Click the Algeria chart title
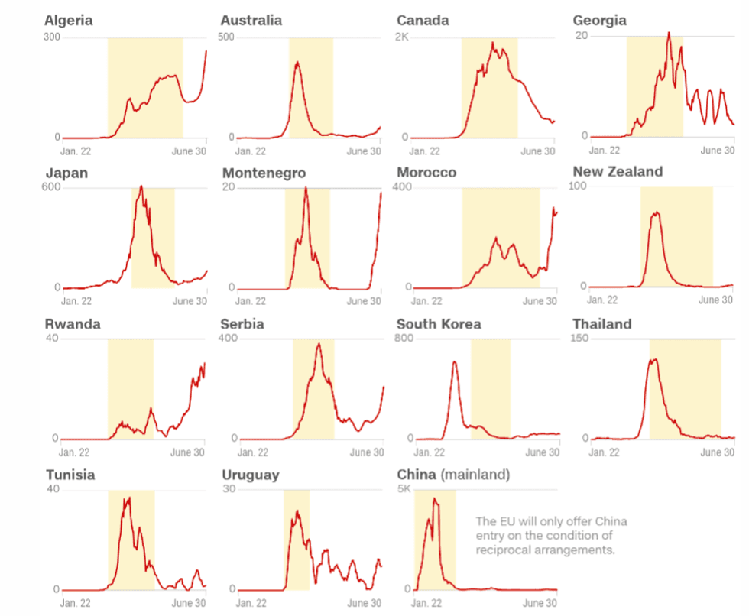(69, 21)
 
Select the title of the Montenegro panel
(264, 173)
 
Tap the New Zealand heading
(618, 171)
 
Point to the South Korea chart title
(439, 324)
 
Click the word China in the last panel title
(416, 475)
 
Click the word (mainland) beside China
(475, 475)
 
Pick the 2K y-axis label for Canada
(403, 37)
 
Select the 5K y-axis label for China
(403, 489)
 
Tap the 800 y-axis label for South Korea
(404, 339)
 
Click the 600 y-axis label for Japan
(53, 188)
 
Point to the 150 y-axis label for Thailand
(580, 339)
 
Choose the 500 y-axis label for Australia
(227, 37)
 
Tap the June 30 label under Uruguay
(365, 604)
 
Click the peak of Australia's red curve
(297, 63)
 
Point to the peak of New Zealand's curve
(655, 212)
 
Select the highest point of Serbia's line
(319, 344)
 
